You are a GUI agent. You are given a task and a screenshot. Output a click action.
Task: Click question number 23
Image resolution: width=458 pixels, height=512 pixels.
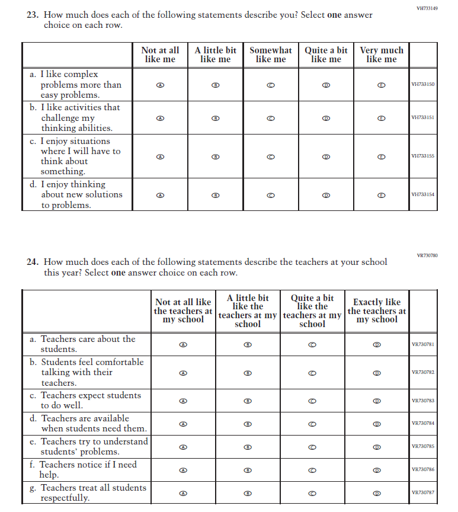click(32, 15)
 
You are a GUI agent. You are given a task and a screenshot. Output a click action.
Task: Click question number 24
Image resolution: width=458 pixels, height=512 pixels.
click(32, 262)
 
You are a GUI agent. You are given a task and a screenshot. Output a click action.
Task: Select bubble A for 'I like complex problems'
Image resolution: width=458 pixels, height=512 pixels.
click(160, 85)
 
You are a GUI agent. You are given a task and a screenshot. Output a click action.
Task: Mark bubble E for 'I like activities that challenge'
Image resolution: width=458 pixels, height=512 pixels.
click(382, 118)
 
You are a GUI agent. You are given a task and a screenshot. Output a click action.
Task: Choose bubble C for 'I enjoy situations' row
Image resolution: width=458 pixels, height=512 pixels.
click(271, 156)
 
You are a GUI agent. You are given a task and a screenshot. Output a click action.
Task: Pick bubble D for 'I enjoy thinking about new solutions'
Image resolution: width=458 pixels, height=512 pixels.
click(326, 194)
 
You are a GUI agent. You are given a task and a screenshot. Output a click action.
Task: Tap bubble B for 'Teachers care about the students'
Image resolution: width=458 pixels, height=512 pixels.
click(248, 344)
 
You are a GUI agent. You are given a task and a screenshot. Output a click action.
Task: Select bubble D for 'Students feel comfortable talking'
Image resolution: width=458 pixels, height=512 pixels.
click(376, 373)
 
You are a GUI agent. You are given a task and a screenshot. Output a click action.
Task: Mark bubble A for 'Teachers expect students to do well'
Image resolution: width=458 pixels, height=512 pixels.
click(183, 401)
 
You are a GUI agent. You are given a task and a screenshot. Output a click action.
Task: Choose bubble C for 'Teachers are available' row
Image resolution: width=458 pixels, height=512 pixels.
click(312, 424)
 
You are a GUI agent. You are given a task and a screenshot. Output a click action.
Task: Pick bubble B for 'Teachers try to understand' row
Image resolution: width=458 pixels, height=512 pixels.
click(248, 447)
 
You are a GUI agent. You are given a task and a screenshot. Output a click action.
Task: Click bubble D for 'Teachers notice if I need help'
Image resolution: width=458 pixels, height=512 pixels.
click(376, 470)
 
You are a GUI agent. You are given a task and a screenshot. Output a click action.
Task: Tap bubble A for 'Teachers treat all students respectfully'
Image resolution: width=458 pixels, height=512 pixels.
click(183, 493)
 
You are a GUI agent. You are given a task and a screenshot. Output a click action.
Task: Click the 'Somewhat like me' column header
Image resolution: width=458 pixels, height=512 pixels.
click(271, 55)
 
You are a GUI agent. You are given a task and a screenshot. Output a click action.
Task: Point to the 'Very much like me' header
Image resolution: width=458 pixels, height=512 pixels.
click(382, 55)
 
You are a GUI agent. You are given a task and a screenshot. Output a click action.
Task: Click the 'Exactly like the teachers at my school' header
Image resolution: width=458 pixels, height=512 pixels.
click(377, 311)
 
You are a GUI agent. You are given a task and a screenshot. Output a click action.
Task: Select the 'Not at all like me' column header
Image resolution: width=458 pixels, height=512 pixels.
click(160, 55)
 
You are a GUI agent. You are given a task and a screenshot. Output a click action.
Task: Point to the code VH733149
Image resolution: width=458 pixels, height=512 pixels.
click(427, 8)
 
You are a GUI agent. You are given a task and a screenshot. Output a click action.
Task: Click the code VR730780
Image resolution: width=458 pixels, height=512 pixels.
click(427, 255)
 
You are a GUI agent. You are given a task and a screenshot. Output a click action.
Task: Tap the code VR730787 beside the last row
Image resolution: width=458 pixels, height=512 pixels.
click(422, 493)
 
